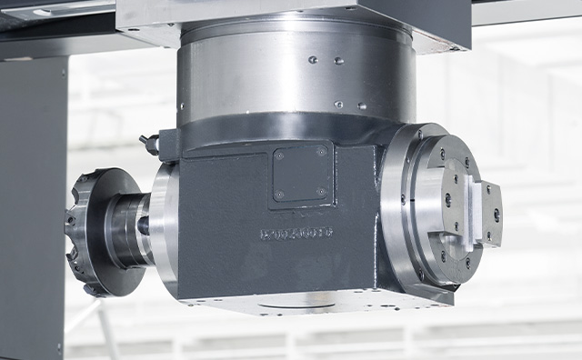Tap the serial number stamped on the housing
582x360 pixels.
tap(296, 235)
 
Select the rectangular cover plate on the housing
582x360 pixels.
tap(301, 174)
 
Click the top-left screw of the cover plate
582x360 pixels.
tap(280, 155)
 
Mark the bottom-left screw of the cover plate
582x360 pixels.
tap(279, 195)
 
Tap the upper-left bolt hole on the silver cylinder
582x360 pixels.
tap(312, 60)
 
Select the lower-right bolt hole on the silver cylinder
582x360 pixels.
tap(361, 105)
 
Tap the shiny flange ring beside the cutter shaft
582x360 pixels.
tap(163, 232)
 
